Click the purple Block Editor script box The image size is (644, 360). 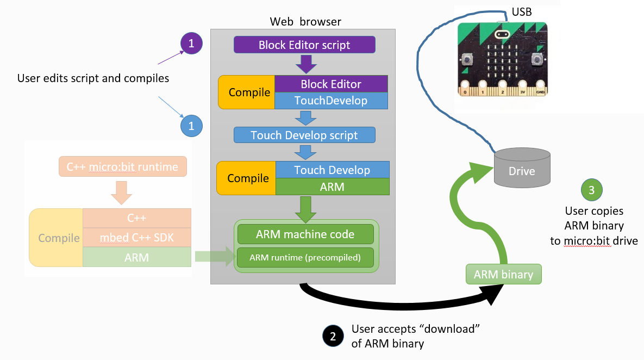(304, 45)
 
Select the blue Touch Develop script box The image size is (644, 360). (304, 135)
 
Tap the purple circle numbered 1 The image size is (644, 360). (191, 43)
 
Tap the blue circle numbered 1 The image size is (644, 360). (191, 126)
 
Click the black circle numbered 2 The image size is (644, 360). (333, 337)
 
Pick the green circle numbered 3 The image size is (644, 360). (592, 190)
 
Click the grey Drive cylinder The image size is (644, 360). (522, 167)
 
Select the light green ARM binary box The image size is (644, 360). (504, 274)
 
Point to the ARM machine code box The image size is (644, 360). (305, 234)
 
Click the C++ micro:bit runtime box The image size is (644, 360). (122, 167)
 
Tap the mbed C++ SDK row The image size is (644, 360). (137, 238)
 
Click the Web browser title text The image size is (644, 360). (305, 22)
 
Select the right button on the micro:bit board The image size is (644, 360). (537, 59)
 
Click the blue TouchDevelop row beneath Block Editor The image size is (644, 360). (331, 101)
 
